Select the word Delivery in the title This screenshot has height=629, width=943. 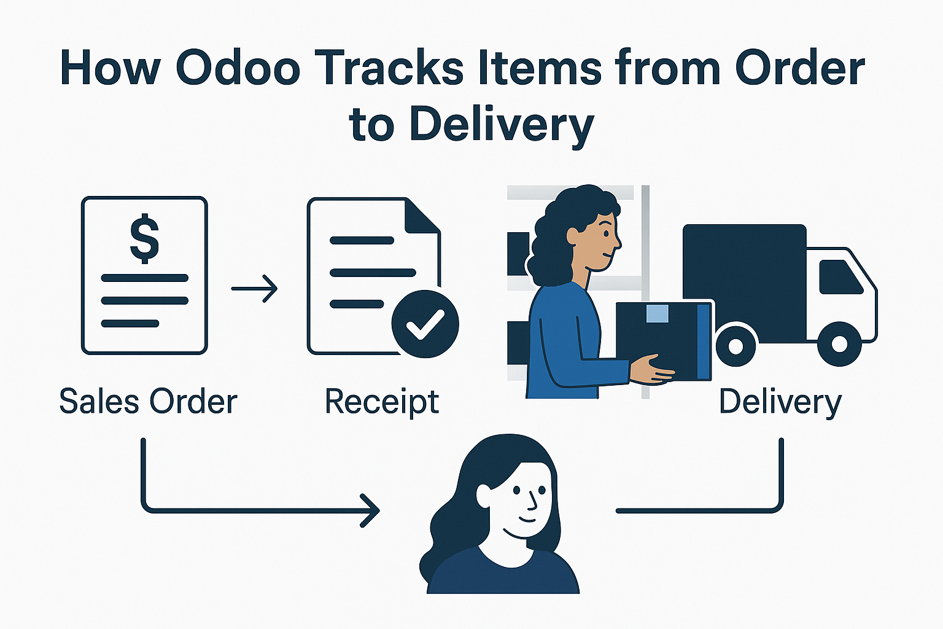tap(502, 124)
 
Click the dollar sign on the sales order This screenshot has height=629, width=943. tap(144, 238)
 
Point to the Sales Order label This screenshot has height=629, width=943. tap(148, 402)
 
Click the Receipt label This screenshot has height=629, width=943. tap(382, 402)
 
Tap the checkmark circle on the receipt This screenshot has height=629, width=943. tap(425, 324)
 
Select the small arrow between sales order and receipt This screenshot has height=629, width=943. tap(255, 288)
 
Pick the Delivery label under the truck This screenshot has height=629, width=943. tap(780, 402)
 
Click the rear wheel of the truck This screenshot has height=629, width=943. tap(735, 346)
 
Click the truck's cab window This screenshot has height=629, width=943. tap(840, 276)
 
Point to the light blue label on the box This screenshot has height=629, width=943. tap(658, 313)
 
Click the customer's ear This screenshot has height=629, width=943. tap(483, 496)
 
